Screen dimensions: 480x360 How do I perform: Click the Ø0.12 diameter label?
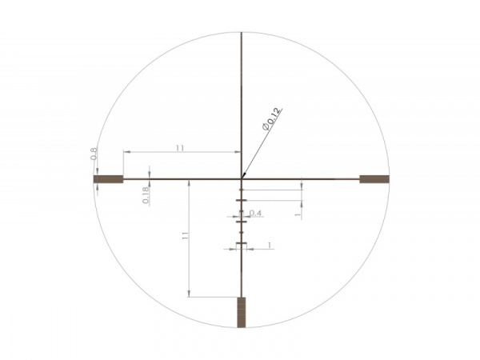coord(271,119)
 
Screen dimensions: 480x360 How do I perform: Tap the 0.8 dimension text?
coord(94,154)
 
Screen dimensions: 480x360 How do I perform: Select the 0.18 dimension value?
coord(146,195)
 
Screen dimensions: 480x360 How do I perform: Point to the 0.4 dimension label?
coord(255,213)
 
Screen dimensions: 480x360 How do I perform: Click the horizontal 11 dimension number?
coord(180,148)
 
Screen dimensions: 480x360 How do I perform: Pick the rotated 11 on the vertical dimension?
coord(185,235)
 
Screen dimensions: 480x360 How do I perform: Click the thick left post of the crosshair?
coord(108,179)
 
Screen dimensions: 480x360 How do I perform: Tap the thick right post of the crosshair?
coord(374,179)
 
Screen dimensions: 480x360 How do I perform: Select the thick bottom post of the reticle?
coord(242,312)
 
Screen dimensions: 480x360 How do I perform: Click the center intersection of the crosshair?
coord(242,179)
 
